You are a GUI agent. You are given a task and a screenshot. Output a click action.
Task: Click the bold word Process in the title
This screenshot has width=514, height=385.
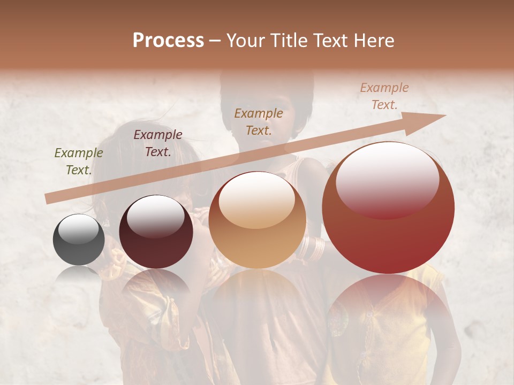(x=168, y=41)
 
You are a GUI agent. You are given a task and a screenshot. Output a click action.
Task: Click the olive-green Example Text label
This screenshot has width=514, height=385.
(x=78, y=161)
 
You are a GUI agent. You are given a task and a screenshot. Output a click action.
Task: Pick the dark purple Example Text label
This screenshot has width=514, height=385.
(x=157, y=143)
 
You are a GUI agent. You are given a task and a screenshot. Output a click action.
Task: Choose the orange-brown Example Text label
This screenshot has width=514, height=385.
(x=259, y=121)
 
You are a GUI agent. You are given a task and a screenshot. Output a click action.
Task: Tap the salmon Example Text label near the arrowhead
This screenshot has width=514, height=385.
(x=384, y=96)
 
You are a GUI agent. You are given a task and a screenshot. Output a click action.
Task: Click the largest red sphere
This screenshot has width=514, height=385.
(x=388, y=214)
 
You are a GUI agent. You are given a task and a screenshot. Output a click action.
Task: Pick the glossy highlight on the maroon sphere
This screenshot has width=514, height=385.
(x=155, y=216)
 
